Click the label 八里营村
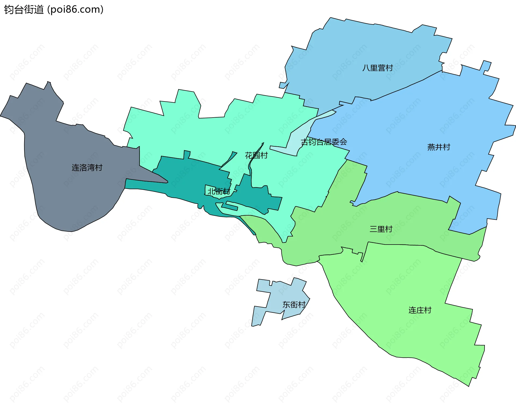click(378, 68)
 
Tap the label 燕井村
click(439, 147)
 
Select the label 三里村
click(381, 229)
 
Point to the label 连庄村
click(420, 310)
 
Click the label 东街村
click(294, 305)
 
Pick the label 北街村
click(219, 191)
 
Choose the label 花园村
click(256, 155)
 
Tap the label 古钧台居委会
click(324, 142)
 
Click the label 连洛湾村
click(87, 168)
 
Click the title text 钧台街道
click(24, 10)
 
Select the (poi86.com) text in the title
click(75, 10)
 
